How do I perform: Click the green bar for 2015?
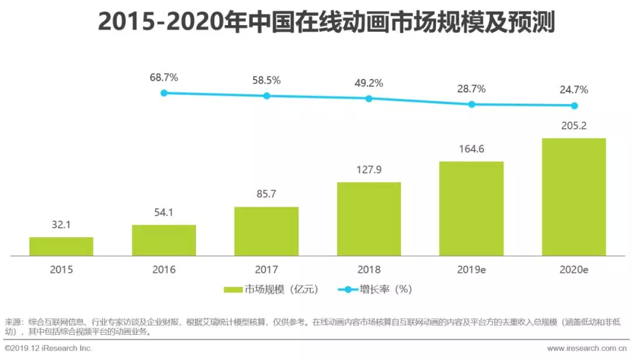(x=61, y=246)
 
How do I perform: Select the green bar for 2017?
(x=266, y=231)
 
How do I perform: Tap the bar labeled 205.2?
(x=573, y=197)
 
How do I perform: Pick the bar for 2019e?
(x=471, y=208)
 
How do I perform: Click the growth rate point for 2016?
(x=164, y=93)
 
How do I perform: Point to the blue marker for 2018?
(x=369, y=98)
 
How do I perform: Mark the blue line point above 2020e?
(x=574, y=106)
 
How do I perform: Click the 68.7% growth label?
(x=164, y=77)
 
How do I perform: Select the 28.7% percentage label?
(x=471, y=88)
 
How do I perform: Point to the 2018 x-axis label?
(x=369, y=270)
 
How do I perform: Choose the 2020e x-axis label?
(x=574, y=270)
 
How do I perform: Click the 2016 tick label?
(x=164, y=270)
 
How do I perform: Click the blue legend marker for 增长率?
(x=349, y=289)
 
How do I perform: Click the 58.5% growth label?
(x=266, y=80)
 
